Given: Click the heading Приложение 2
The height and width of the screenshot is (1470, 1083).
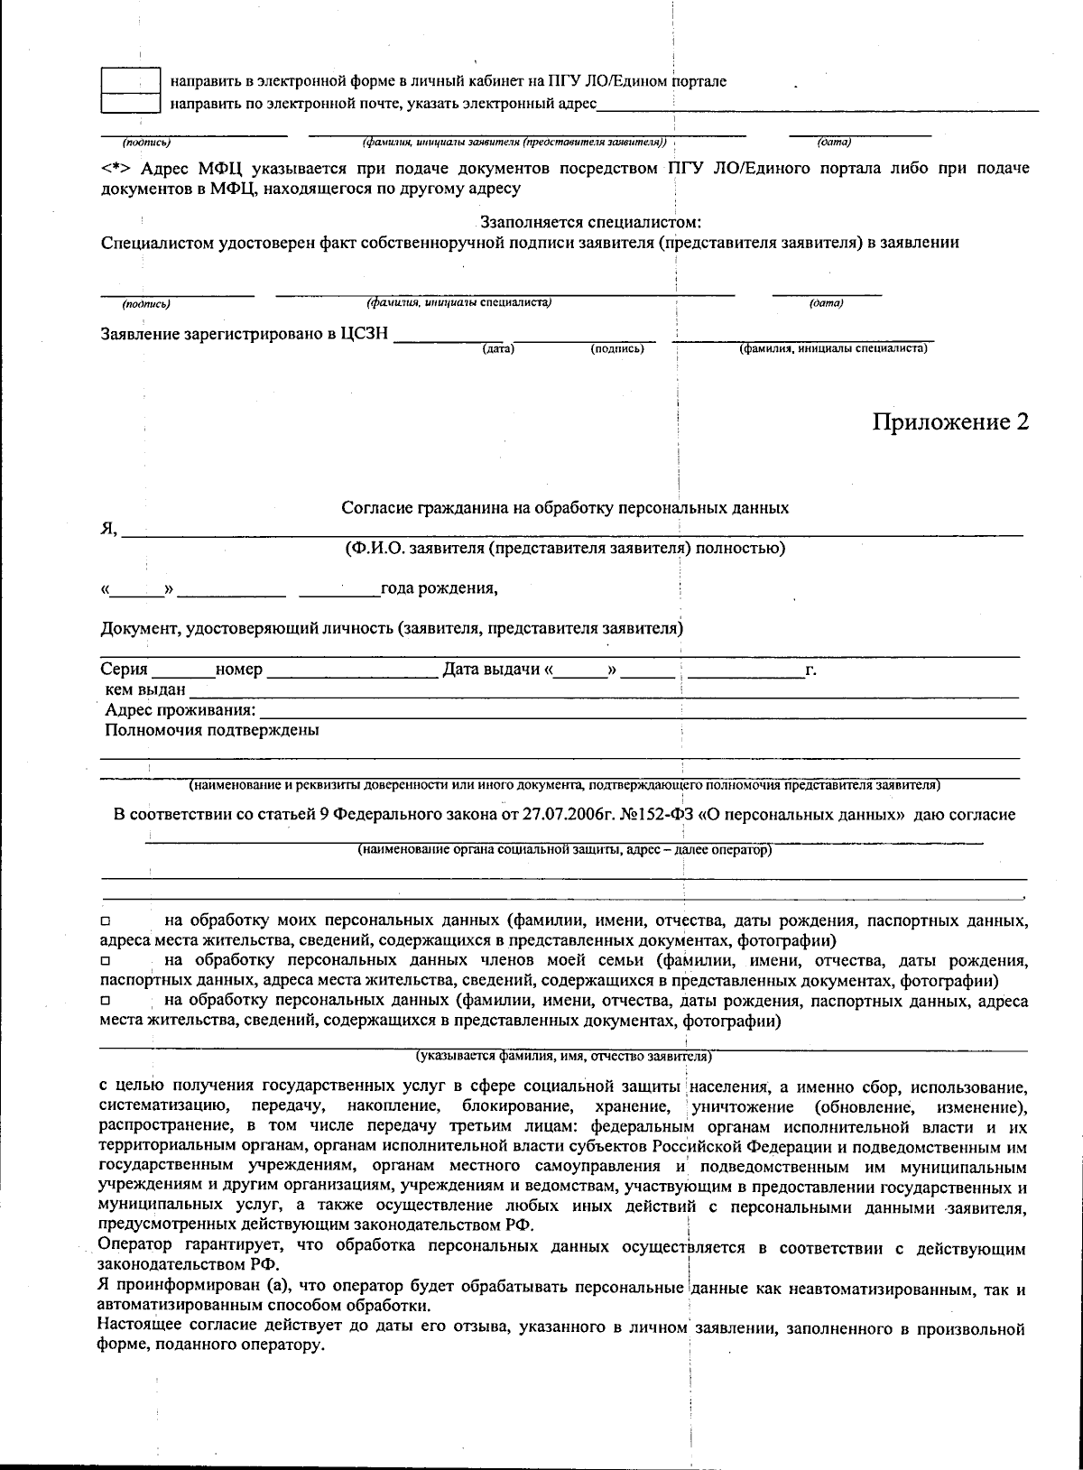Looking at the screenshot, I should (949, 421).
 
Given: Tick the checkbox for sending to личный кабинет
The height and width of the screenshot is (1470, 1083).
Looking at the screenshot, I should (130, 80).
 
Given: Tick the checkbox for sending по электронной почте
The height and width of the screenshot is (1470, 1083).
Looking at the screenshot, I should (130, 103).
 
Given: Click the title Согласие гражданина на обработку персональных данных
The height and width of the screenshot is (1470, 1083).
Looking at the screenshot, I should (564, 508).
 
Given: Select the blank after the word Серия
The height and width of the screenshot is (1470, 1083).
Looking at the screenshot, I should (183, 670).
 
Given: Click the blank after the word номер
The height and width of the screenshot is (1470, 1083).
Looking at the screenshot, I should (352, 670).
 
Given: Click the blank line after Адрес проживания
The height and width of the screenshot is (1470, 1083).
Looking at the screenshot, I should (641, 712).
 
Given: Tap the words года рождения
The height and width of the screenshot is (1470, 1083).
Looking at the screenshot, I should (439, 589).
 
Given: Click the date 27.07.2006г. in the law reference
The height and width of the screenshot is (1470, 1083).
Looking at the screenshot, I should (575, 815).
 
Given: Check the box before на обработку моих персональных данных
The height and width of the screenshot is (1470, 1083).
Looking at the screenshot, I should (106, 922).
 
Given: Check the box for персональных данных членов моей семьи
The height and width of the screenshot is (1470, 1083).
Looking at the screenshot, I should (106, 962).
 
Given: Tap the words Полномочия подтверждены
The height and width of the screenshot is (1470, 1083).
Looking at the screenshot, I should (212, 731).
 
